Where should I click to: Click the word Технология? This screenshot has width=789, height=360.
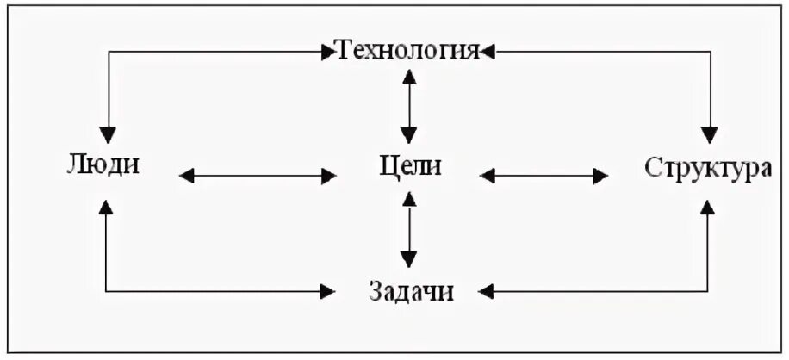[407, 51]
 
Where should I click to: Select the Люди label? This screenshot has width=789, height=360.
[103, 164]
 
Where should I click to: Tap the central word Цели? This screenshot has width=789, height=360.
[409, 164]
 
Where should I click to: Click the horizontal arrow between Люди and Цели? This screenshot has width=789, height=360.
[258, 176]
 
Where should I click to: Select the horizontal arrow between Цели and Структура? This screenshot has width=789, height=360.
[544, 176]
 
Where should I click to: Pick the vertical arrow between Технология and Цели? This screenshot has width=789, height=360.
[409, 106]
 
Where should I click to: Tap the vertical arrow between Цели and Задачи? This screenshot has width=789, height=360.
[409, 229]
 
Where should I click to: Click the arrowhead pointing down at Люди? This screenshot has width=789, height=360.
[107, 133]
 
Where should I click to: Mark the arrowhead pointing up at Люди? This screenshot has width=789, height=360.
[106, 206]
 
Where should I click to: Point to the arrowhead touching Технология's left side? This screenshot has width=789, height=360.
[326, 53]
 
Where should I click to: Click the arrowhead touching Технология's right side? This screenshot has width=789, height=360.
[488, 53]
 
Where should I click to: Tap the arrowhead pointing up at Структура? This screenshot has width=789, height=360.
[708, 206]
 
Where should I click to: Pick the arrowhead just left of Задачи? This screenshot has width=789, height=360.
[326, 290]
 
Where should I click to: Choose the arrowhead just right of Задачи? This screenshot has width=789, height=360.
[488, 290]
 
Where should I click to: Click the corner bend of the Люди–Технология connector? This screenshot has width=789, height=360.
[107, 53]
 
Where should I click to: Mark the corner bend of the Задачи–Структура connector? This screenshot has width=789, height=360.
[708, 290]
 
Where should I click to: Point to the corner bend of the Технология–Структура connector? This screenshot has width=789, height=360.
[709, 53]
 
